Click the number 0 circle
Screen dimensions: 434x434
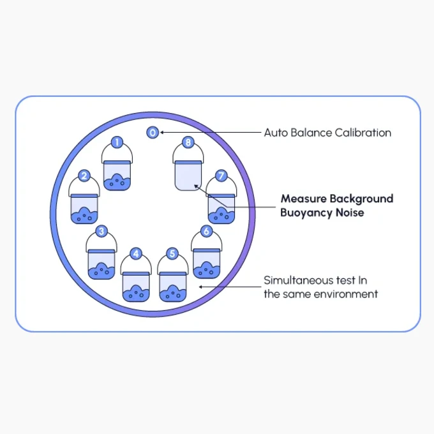point(153,133)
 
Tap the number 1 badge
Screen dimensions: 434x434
point(117,142)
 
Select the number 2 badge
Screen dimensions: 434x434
point(84,176)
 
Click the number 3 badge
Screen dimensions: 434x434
point(101,231)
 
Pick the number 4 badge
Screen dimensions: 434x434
point(136,253)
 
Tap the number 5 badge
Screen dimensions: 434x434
point(172,253)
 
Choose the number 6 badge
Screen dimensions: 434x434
point(206,231)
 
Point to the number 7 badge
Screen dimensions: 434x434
point(221,176)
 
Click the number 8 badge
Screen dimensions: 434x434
point(188,142)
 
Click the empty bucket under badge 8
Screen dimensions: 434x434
point(188,176)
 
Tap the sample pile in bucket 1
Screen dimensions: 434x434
point(117,182)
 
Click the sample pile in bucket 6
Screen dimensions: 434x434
point(206,270)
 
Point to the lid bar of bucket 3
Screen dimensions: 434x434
point(101,251)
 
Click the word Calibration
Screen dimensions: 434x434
point(363,133)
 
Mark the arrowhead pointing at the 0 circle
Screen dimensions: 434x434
point(162,133)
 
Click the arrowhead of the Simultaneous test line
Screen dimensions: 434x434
point(201,287)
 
